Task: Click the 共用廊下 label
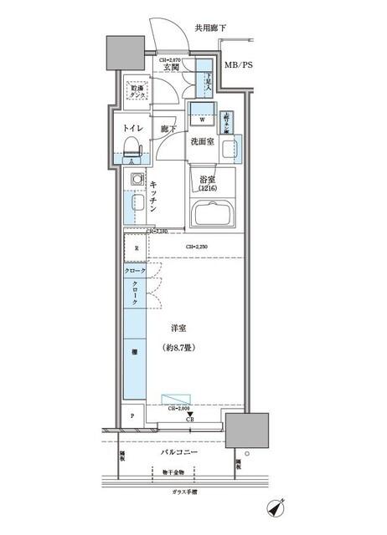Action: click(x=211, y=28)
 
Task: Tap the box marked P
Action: click(x=132, y=415)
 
